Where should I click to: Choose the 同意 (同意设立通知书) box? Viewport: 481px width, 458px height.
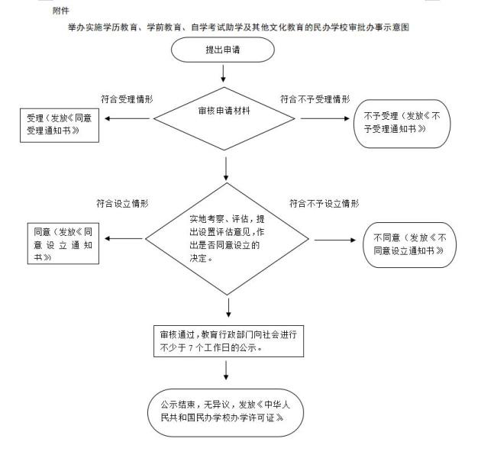click(x=63, y=244)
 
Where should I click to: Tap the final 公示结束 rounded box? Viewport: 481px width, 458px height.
click(x=227, y=412)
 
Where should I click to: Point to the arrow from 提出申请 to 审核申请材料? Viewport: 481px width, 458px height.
click(x=223, y=73)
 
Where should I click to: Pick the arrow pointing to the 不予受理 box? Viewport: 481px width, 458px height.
click(x=325, y=119)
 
